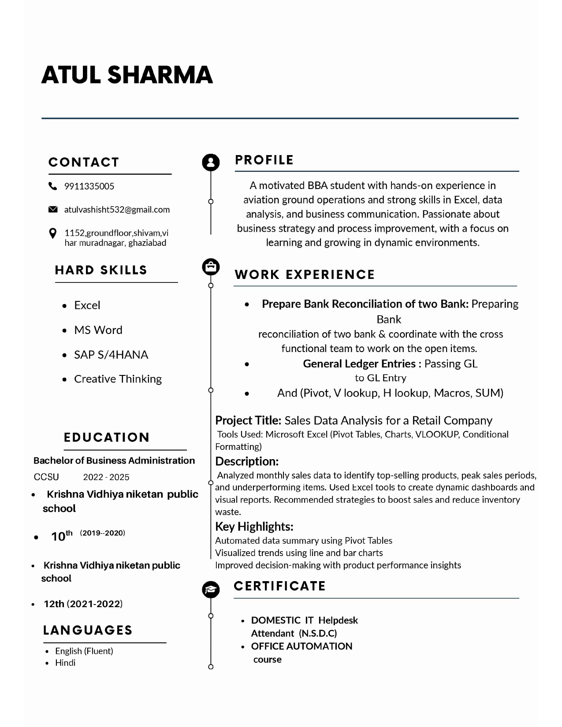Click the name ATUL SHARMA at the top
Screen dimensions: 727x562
coord(127,74)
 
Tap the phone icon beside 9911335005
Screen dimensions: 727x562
coord(52,186)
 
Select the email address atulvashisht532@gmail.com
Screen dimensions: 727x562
coord(117,210)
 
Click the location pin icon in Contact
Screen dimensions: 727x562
coord(52,233)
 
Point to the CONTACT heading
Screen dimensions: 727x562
coord(84,162)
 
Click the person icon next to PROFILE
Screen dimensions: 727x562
coord(211,162)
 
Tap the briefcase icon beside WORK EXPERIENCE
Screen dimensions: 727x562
coord(211,267)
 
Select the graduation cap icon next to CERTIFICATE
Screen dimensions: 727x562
coord(211,589)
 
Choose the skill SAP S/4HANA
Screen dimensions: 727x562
coord(111,355)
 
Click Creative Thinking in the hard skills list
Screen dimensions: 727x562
coord(118,379)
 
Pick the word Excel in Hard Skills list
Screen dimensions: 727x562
coord(87,305)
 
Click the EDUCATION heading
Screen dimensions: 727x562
coord(107,438)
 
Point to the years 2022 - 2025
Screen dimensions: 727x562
coord(106,477)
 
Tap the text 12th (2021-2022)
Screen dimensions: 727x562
coord(83,604)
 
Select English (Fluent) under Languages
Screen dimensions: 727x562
coord(84,651)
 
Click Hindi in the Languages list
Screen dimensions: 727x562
coord(65,663)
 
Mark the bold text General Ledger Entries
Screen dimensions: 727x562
coord(359,363)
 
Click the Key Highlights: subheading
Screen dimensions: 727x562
coord(254,527)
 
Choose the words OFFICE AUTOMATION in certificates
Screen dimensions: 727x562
coord(301,646)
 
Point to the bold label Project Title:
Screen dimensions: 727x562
coord(248,420)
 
